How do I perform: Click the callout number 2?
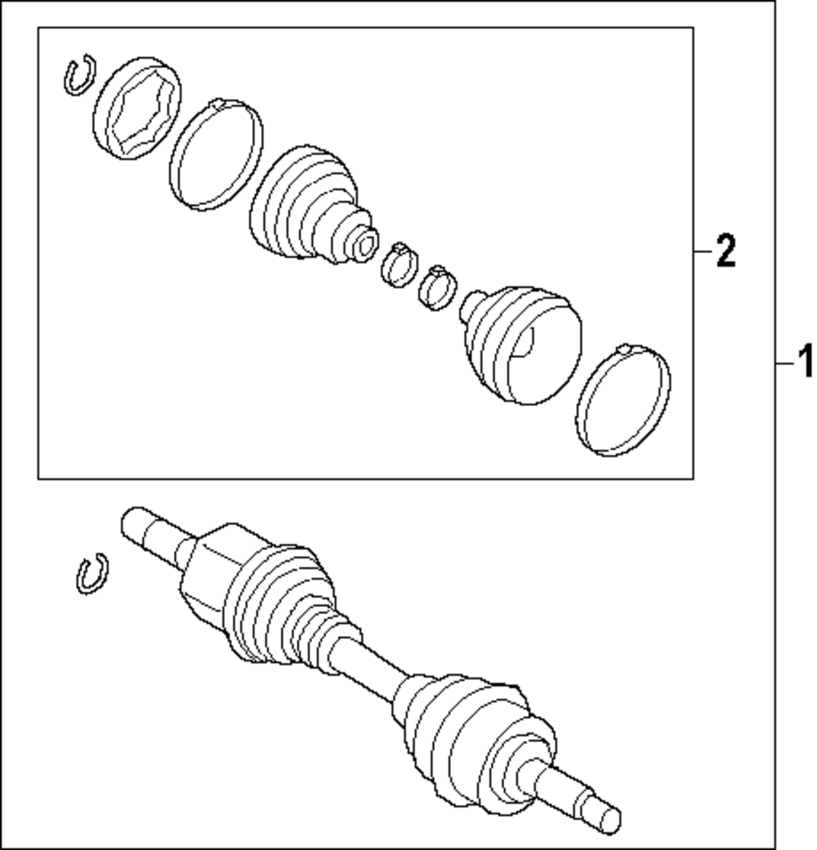[x=725, y=251]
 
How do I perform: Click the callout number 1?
[x=804, y=362]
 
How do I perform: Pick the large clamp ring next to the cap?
[x=217, y=154]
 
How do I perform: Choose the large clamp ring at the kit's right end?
[x=623, y=400]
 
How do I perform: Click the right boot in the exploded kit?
[x=523, y=343]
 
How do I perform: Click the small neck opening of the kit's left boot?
[x=366, y=241]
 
